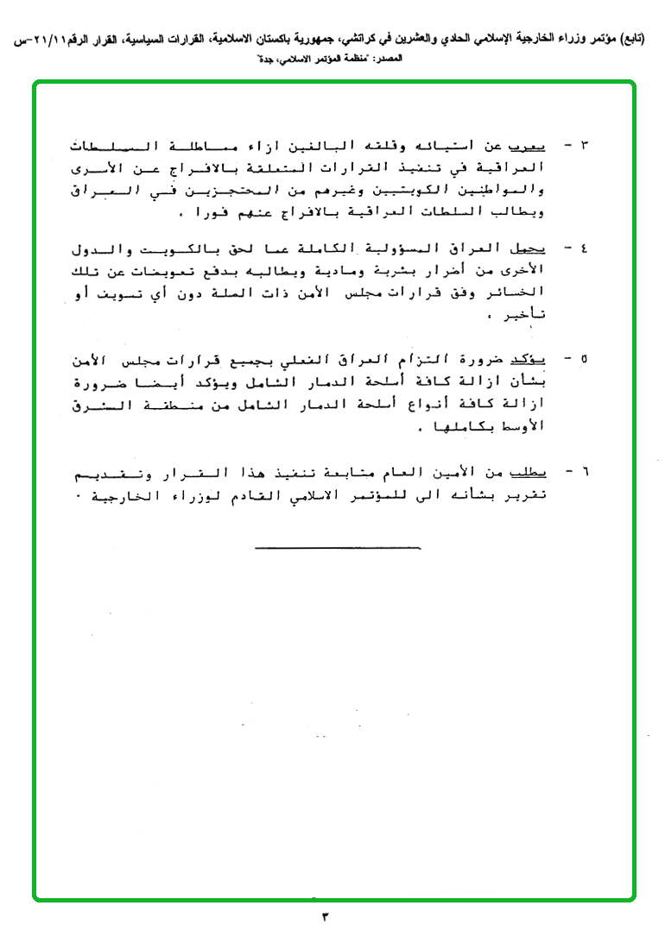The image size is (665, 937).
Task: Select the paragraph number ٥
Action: click(583, 357)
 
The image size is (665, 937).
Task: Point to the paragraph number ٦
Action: click(583, 474)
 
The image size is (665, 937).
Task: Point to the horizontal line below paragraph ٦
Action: click(337, 547)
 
